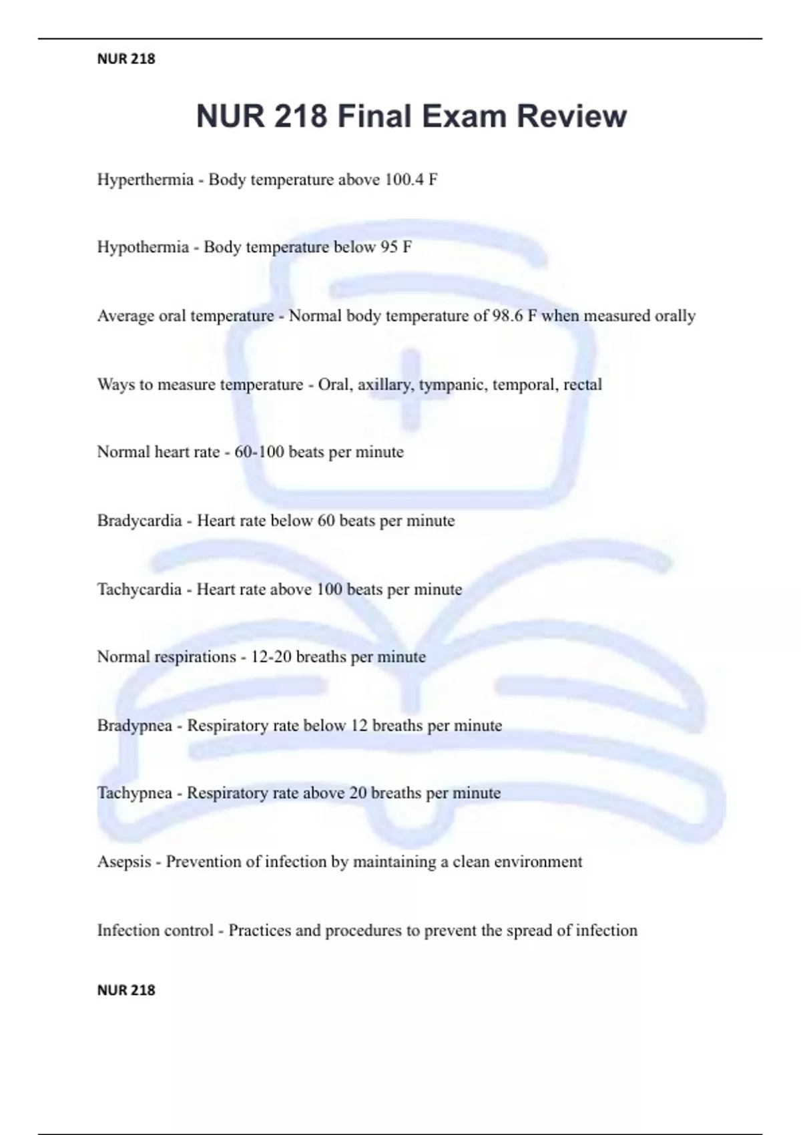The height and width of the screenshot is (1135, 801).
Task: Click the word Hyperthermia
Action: (x=145, y=180)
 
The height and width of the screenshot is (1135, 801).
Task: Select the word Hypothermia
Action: (x=143, y=248)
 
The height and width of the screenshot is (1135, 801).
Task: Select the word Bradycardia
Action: (x=140, y=521)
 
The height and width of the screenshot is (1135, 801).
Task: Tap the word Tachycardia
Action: (x=140, y=590)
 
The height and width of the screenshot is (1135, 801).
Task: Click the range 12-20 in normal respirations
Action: (x=270, y=657)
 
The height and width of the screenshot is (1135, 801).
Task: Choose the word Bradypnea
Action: (x=135, y=726)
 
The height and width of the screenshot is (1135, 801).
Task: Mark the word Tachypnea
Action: (x=135, y=793)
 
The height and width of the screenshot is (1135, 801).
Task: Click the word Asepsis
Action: (x=124, y=862)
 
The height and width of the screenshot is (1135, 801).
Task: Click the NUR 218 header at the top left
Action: (x=126, y=59)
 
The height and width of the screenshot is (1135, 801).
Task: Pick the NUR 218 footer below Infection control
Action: (x=126, y=990)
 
